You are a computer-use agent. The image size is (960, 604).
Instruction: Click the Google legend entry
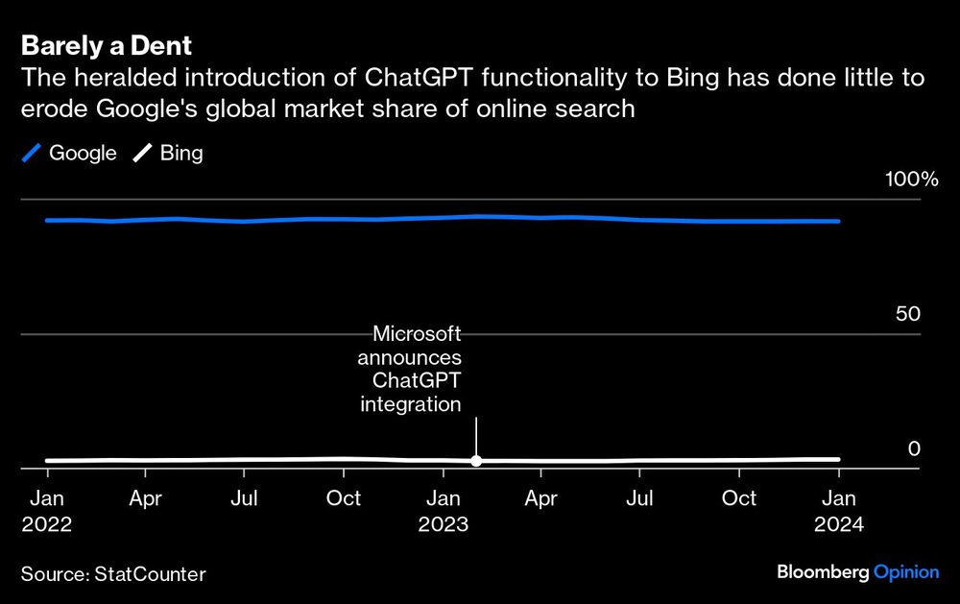tap(69, 153)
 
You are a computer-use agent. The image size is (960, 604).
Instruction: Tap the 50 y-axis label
tap(907, 315)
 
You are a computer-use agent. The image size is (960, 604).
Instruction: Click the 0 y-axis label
tap(914, 449)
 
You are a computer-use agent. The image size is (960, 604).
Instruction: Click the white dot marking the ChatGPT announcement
tap(476, 461)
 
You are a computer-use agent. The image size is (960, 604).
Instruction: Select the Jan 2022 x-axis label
tap(47, 511)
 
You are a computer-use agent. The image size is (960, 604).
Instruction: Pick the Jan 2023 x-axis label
tap(443, 511)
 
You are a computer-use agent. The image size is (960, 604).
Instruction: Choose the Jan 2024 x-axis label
tap(839, 511)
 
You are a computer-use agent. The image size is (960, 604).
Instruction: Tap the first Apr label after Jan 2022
tap(146, 498)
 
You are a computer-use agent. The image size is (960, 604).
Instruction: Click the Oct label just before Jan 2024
tap(739, 498)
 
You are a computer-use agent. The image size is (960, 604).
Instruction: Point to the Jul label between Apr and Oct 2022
tap(245, 498)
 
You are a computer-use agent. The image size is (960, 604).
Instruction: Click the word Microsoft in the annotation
tap(417, 334)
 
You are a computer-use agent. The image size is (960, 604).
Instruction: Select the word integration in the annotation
tap(411, 404)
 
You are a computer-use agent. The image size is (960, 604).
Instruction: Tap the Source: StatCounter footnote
tap(113, 574)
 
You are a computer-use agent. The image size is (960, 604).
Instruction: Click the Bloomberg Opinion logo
tap(857, 572)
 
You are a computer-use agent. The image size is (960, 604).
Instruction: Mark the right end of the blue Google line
tap(839, 221)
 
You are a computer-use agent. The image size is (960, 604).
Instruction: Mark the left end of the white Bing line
tap(47, 461)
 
